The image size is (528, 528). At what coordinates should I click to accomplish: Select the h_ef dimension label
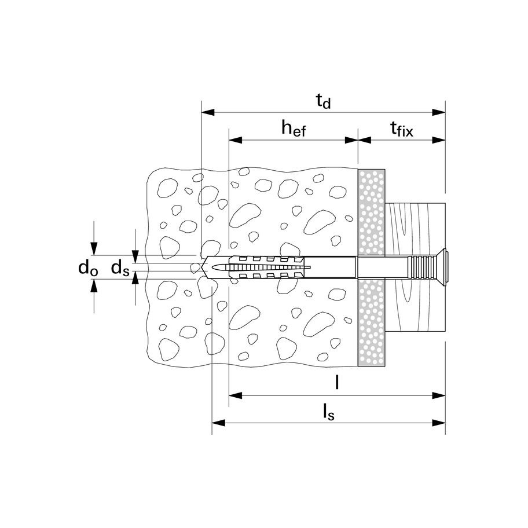(293, 129)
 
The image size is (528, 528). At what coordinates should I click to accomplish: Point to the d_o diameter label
(88, 267)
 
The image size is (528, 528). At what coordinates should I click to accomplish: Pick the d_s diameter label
(120, 267)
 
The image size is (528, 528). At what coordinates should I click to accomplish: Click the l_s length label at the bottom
(328, 412)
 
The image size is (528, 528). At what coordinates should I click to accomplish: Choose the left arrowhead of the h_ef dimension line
(234, 140)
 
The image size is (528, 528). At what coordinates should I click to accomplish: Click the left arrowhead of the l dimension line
(234, 395)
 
